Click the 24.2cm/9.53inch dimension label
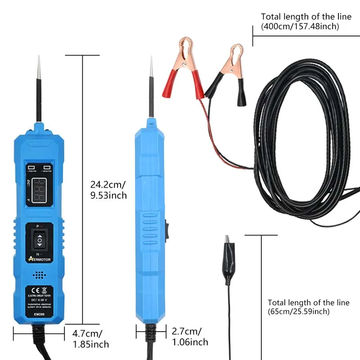click(108, 189)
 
